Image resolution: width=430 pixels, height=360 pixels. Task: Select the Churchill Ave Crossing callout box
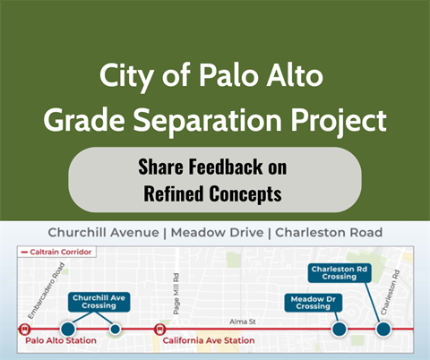click(x=99, y=303)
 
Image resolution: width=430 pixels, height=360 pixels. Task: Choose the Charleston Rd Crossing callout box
click(x=338, y=272)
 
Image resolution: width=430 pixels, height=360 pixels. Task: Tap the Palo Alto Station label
click(x=60, y=341)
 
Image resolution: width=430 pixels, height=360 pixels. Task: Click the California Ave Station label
click(x=209, y=341)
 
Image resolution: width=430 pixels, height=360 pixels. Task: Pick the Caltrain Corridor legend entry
click(x=56, y=253)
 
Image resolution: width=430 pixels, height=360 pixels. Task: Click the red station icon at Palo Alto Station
click(x=23, y=330)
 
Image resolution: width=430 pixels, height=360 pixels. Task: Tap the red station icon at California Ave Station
click(x=159, y=330)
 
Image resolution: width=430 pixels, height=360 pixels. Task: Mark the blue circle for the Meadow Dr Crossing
click(x=339, y=330)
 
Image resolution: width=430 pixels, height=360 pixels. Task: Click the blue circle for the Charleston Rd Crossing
click(x=383, y=330)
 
